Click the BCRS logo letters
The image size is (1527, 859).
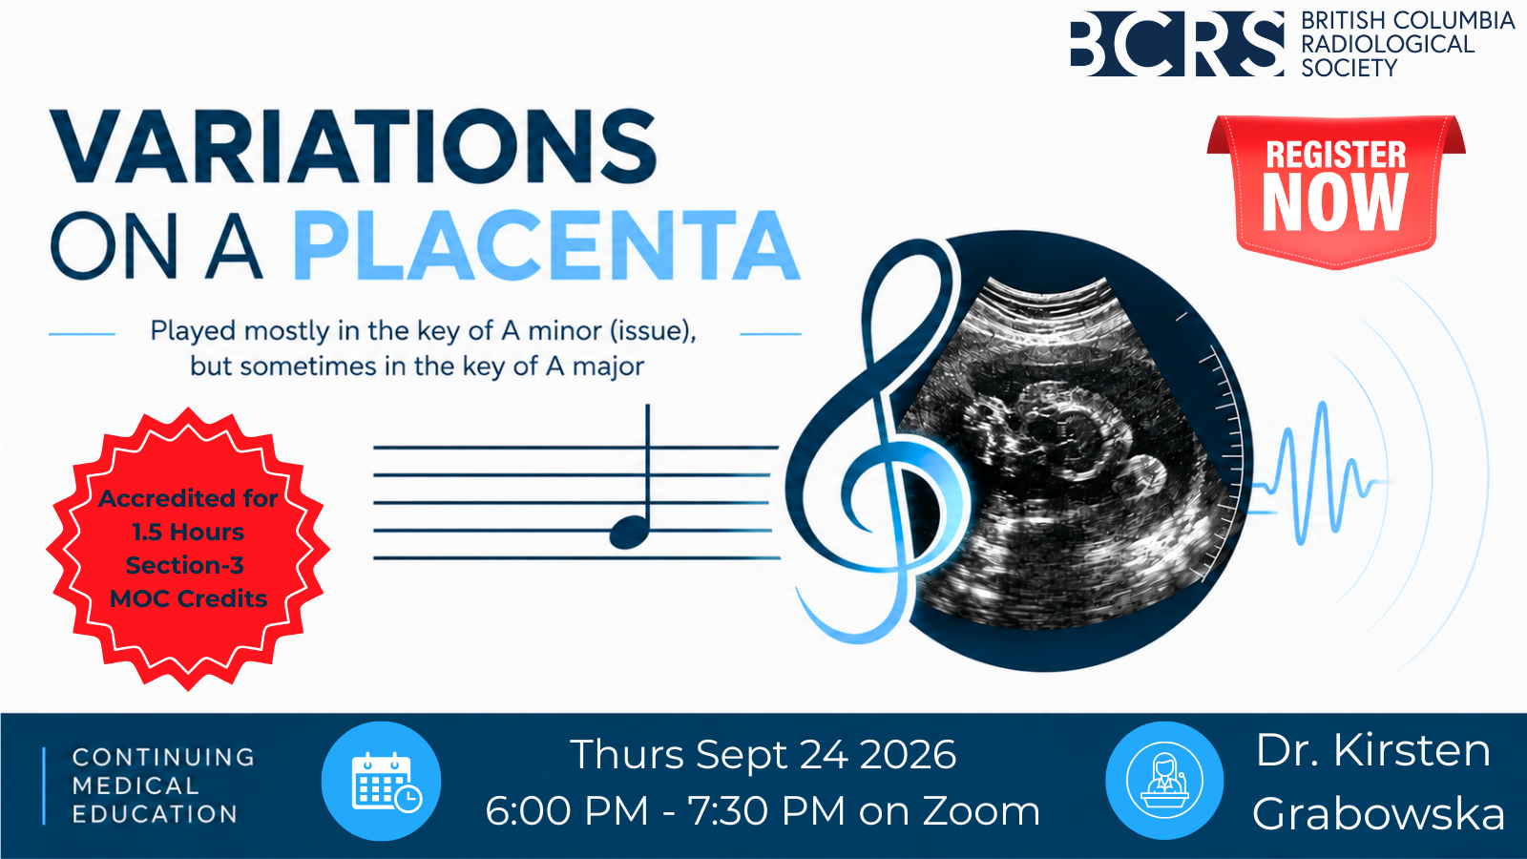(x=1178, y=44)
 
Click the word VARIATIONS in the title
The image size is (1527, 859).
(x=354, y=146)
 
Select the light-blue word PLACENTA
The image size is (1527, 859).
(x=547, y=245)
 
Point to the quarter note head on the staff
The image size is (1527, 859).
(x=629, y=532)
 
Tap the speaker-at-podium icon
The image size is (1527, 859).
(x=1164, y=780)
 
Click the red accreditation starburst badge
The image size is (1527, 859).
(x=188, y=549)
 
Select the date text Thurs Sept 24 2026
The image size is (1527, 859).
(x=763, y=755)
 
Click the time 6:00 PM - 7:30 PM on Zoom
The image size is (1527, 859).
(x=763, y=811)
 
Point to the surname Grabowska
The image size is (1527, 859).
(x=1378, y=814)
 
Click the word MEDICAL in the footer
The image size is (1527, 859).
(x=136, y=786)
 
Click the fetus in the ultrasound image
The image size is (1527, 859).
(x=1063, y=436)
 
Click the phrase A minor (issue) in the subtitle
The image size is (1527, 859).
(x=598, y=331)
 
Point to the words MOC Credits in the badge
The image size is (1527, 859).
(x=188, y=598)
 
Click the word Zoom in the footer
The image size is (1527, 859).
(x=981, y=811)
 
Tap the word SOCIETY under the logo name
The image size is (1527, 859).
(x=1349, y=68)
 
